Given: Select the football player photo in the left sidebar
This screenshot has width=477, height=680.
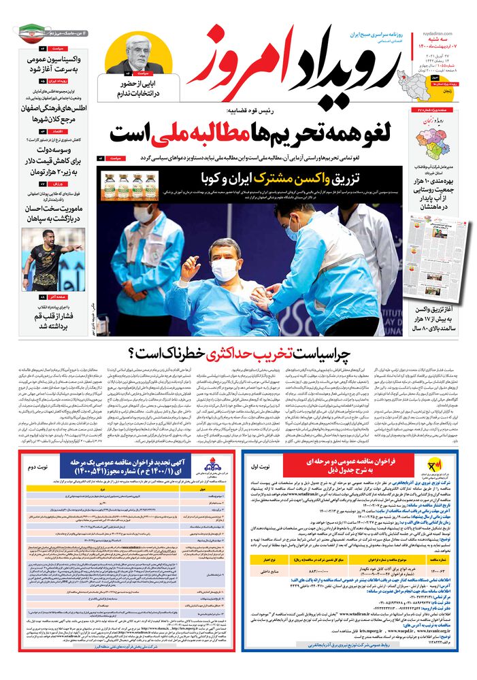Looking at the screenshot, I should pyautogui.click(x=52, y=259).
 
